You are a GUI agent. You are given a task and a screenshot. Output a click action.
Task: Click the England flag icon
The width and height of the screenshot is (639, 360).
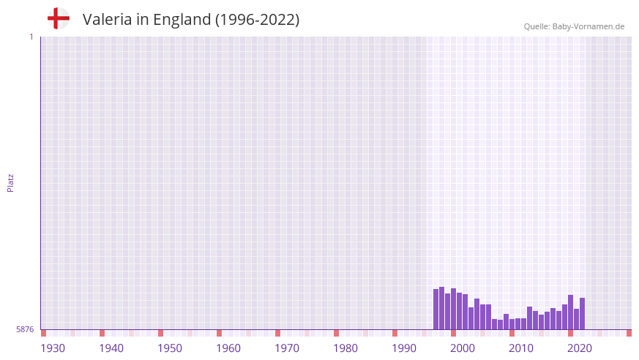(x=58, y=18)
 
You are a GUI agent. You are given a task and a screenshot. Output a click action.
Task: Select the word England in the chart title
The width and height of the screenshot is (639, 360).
(x=182, y=20)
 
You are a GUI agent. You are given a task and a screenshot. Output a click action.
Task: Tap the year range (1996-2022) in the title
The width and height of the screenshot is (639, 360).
(x=257, y=20)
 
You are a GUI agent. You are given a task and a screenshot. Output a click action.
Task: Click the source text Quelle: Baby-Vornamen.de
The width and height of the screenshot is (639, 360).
(x=574, y=26)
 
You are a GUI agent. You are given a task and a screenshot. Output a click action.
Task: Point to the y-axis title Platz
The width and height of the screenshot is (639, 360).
(x=10, y=183)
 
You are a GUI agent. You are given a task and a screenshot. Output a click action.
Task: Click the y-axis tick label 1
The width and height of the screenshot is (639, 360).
(x=31, y=37)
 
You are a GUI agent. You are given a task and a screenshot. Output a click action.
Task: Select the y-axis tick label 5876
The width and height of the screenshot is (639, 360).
(x=25, y=330)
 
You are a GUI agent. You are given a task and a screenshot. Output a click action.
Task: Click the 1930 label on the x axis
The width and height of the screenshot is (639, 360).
(x=53, y=348)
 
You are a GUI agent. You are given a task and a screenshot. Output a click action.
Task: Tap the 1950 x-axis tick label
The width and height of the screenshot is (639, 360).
(x=170, y=348)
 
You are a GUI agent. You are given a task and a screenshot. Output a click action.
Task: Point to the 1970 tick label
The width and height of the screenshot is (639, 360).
(x=287, y=348)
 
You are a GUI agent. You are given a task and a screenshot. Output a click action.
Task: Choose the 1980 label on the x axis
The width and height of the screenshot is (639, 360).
(x=345, y=348)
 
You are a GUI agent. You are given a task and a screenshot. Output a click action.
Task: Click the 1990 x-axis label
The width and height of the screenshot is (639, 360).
(x=404, y=348)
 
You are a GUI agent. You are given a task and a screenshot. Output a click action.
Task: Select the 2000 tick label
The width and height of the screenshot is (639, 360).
(x=463, y=348)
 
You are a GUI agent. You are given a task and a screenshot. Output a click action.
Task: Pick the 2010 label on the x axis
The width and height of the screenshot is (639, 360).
(x=521, y=348)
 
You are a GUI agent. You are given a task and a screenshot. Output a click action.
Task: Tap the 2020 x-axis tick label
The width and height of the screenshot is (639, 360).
(x=580, y=348)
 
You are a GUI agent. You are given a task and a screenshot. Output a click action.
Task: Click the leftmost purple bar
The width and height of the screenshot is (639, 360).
(x=436, y=310)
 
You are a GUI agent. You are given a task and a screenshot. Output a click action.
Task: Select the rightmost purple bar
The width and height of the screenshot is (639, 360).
(x=583, y=314)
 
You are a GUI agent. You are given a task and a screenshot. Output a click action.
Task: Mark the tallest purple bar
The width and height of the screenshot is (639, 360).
(x=442, y=308)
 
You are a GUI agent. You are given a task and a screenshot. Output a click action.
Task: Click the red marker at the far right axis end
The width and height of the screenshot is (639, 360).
(x=629, y=333)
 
